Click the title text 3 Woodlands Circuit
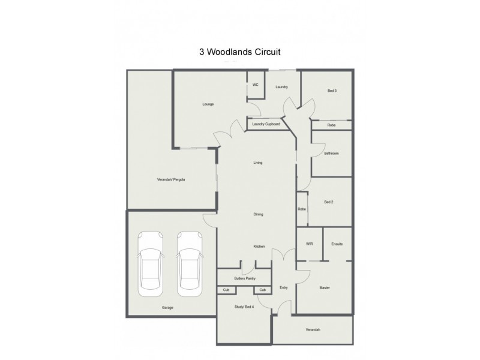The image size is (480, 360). point(240,52)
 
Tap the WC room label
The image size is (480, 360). point(255,85)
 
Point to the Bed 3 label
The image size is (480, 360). point(332,91)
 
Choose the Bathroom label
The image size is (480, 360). point(331,154)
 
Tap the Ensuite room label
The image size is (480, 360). point(337,244)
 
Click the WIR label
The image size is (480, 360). point(310,244)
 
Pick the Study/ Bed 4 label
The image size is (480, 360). point(244,307)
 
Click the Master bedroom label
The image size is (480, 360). point(325,288)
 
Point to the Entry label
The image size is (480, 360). point(284,288)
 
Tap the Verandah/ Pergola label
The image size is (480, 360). point(171,179)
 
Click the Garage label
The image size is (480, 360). point(167,308)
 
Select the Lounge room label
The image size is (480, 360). point(208,104)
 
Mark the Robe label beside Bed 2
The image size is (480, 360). point(302,209)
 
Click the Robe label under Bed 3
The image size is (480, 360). point(331,125)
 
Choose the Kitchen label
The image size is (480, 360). point(259,246)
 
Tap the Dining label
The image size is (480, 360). point(259,214)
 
